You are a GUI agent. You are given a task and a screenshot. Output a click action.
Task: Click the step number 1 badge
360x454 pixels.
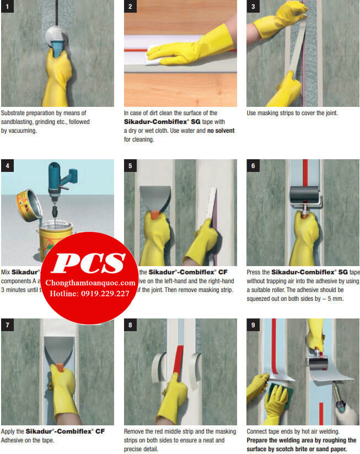tap(8, 7)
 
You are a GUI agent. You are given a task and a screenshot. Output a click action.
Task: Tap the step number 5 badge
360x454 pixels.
tap(131, 166)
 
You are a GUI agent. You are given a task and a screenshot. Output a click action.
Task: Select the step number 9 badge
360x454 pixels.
tap(253, 325)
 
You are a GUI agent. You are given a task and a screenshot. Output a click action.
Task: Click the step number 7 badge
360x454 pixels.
tap(8, 325)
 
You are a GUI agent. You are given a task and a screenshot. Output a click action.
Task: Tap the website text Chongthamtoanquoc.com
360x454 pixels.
tap(90, 283)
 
